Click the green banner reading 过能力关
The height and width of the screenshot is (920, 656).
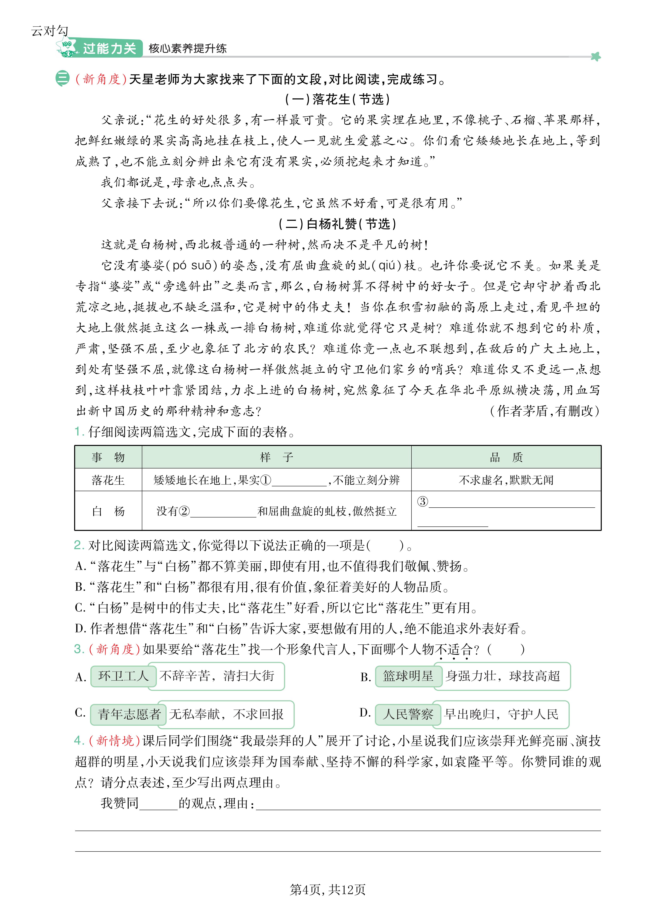[109, 48]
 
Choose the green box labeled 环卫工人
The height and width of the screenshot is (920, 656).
[123, 676]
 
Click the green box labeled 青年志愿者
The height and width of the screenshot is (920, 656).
[128, 714]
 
